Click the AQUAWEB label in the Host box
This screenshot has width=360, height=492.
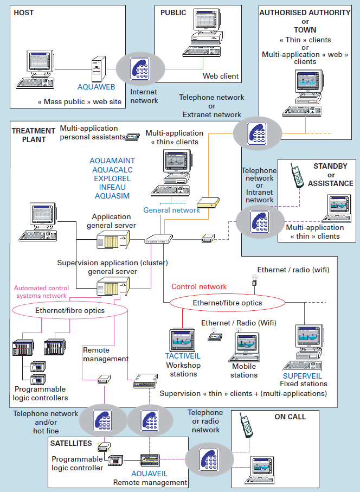pyautogui.click(x=95, y=86)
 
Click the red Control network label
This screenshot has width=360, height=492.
pyautogui.click(x=199, y=286)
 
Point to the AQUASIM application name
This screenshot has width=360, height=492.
pyautogui.click(x=112, y=196)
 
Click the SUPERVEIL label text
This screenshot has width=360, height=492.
pyautogui.click(x=302, y=375)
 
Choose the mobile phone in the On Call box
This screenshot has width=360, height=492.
pyautogui.click(x=246, y=429)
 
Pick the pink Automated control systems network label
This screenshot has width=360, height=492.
pyautogui.click(x=41, y=292)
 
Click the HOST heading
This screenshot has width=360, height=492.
pyautogui.click(x=23, y=12)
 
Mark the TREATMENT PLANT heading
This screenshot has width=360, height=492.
pyautogui.click(x=34, y=135)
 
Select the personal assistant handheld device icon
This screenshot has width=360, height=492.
pyautogui.click(x=133, y=137)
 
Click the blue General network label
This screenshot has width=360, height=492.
pyautogui.click(x=171, y=210)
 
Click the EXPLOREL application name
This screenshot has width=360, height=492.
pyautogui.click(x=112, y=178)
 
